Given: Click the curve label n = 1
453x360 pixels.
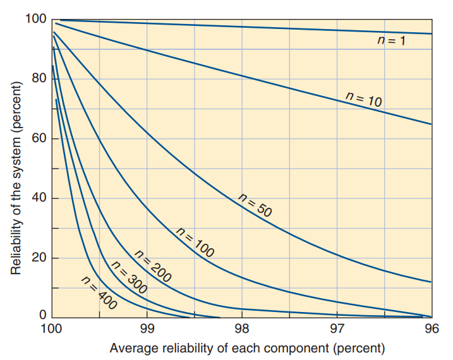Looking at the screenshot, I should click(x=390, y=40).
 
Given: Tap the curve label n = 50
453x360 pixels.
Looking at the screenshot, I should click(x=255, y=205).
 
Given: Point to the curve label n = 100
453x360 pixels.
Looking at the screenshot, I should click(x=195, y=241).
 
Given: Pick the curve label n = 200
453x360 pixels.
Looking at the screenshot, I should click(x=153, y=265).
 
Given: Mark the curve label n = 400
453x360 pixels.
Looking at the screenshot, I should click(x=99, y=292).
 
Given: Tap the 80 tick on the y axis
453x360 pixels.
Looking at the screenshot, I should click(x=39, y=78).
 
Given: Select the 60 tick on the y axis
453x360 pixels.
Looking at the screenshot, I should click(x=39, y=138).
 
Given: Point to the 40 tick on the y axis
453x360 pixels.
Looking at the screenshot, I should click(x=39, y=198).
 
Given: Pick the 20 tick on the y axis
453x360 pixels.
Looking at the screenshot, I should click(x=39, y=258).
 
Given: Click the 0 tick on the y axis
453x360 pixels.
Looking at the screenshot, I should click(x=43, y=315).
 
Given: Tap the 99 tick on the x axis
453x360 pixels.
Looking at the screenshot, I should click(x=147, y=329).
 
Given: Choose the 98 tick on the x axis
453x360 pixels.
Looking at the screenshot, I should click(x=242, y=329).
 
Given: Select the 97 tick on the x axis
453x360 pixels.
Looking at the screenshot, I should click(x=337, y=329).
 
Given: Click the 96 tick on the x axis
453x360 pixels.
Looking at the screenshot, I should click(x=432, y=329).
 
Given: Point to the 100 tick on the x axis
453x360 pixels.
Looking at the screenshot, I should click(x=52, y=329).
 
